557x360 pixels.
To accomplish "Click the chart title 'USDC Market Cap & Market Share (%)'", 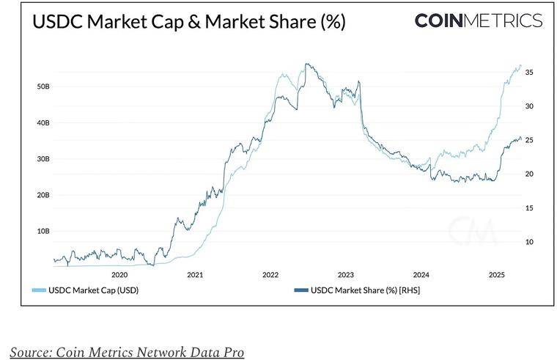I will coord(188,22).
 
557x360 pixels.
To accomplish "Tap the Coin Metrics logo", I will coord(479,21).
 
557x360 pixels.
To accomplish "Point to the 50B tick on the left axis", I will coord(43,87).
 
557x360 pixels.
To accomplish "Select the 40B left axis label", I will coord(43,122).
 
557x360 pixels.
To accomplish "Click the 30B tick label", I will coord(43,158).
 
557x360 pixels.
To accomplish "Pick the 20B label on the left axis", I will coord(43,194).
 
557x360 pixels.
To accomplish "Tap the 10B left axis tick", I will coord(43,230).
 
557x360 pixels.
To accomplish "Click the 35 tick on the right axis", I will coord(529,73).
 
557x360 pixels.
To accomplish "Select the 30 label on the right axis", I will coord(529,106).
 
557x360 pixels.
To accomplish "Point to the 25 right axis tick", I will coord(529,140).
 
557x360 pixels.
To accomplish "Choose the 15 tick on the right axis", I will coord(529,208).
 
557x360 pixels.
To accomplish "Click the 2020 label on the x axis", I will coord(119,275).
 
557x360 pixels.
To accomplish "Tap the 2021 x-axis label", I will coord(195,275).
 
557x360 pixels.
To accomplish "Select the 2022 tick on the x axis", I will coord(270,275).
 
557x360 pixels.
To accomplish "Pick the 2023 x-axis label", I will coord(346,275).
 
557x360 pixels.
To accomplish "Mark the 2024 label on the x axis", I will coord(421,275).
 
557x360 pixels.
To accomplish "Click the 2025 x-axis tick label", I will coord(497,275).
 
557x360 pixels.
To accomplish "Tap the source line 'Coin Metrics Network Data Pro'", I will coord(126,352).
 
